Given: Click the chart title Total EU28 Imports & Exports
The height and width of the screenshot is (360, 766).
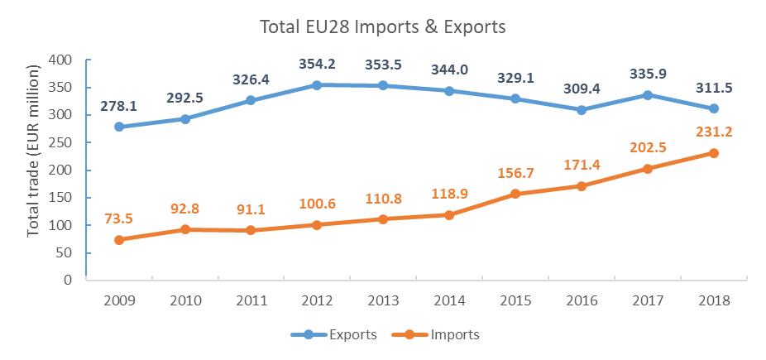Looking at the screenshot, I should tap(382, 27).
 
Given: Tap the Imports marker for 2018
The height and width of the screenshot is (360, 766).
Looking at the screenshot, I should tap(713, 153).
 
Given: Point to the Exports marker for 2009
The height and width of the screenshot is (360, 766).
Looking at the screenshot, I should tap(119, 127).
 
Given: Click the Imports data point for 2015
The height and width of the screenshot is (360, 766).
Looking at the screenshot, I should tap(515, 194).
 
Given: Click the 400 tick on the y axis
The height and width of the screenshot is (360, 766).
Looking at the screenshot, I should tap(62, 60).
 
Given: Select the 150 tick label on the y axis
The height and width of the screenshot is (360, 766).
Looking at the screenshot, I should tap(62, 198).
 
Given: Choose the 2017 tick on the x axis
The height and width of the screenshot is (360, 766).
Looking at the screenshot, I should tap(647, 300).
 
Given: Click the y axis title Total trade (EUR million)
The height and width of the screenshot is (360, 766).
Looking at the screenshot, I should tap(33, 170).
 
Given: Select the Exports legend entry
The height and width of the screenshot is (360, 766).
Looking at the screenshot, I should tap(334, 335).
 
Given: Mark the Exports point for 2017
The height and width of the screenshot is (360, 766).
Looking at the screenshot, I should tap(647, 95).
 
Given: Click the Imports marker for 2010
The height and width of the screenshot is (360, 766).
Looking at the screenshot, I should tap(185, 229).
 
